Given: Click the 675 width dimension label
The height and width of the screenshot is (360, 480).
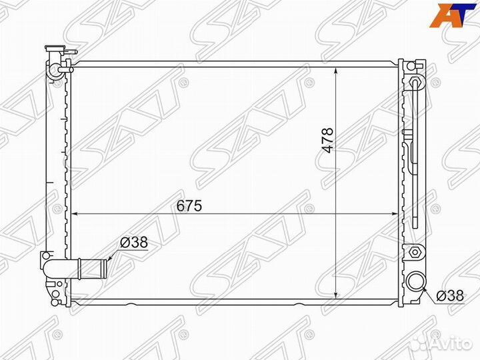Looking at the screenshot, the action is (x=189, y=206).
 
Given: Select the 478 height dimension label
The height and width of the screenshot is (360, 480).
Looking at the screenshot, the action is (x=327, y=140).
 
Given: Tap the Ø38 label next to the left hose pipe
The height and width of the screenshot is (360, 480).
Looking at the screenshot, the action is (x=134, y=243).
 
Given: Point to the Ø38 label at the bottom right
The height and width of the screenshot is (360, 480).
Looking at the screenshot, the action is (x=450, y=296).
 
